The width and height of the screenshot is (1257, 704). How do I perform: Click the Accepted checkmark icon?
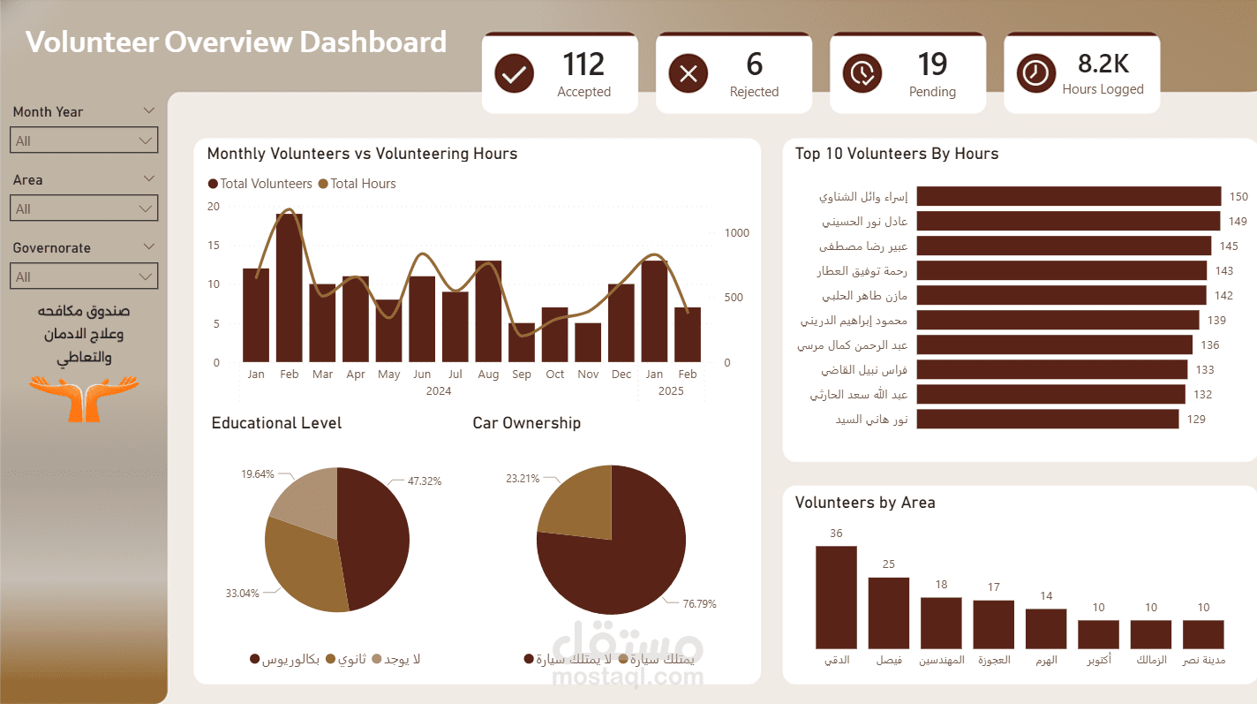point(513,73)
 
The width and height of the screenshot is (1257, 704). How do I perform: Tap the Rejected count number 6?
point(754,64)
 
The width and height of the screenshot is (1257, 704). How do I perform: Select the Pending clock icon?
point(862,73)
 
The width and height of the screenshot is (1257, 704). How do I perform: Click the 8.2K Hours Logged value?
point(1103,64)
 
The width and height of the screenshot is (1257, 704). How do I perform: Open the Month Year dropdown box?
point(84,140)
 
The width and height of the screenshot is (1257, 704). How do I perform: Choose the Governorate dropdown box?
point(84,276)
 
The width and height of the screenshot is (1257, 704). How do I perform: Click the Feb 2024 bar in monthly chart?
point(290,288)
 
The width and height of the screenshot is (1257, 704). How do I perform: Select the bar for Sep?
point(522,343)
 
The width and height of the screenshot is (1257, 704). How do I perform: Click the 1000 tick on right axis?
point(736,233)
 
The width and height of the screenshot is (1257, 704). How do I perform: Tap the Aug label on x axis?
point(488,375)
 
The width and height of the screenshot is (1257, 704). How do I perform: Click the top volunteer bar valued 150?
point(1068,196)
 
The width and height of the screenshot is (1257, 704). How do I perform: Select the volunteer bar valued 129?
point(1047,419)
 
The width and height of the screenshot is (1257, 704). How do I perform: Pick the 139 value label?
point(1216,321)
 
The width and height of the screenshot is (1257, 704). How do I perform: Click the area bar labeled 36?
point(836,597)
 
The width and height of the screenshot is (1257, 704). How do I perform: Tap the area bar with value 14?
point(1046,629)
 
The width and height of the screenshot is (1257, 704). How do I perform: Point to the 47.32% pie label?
point(424,481)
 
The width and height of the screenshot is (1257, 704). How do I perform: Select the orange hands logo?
point(84,397)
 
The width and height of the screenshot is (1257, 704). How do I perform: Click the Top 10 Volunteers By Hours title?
point(896,154)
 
